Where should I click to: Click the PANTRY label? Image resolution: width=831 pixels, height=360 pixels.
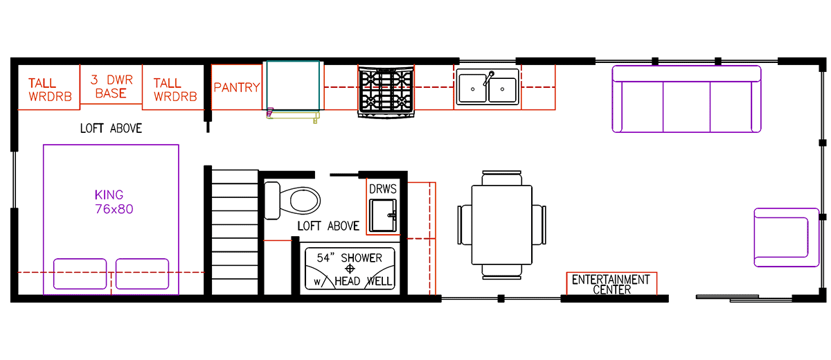[236, 88]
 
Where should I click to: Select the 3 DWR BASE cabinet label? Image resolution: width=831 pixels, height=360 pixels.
[111, 86]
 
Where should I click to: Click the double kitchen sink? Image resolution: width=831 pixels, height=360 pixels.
[487, 89]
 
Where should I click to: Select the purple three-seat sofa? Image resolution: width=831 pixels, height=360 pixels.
[686, 98]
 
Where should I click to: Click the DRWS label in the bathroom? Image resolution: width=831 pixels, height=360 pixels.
[382, 188]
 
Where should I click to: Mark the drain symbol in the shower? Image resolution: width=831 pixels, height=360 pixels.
[350, 269]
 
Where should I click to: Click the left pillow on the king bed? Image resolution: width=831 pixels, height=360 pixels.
[80, 273]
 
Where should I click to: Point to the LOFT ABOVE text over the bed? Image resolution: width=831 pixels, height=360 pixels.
[111, 129]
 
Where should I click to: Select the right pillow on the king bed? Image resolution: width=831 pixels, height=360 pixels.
[142, 273]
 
